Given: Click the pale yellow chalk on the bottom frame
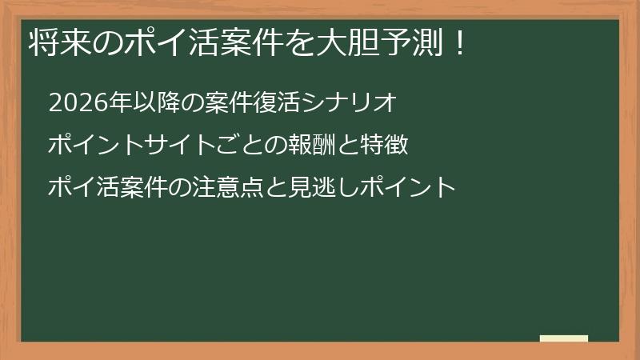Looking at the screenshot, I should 564,338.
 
